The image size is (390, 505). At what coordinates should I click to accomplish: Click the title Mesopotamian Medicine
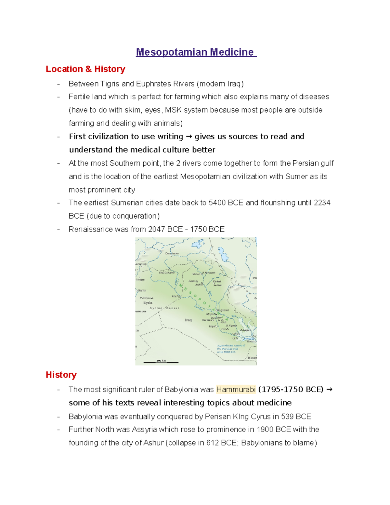click(x=196, y=52)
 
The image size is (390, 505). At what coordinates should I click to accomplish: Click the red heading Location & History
click(x=85, y=69)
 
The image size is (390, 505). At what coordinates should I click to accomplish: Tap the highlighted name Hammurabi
click(x=236, y=389)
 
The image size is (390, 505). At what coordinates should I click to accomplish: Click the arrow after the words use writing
click(x=189, y=137)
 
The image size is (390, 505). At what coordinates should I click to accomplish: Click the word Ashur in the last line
click(x=153, y=443)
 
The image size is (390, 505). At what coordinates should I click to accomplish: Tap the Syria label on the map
click(x=148, y=303)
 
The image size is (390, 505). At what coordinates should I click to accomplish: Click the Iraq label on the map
click(x=188, y=320)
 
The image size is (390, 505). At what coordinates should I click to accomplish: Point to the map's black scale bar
click(x=161, y=362)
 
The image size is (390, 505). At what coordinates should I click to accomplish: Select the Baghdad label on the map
click(x=223, y=310)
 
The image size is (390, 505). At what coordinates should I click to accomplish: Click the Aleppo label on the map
click(x=140, y=280)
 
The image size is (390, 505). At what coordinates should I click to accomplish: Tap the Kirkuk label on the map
click(x=217, y=281)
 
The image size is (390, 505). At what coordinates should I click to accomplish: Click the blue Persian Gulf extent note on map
click(x=231, y=349)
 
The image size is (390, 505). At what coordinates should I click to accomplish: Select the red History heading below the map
click(x=61, y=375)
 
